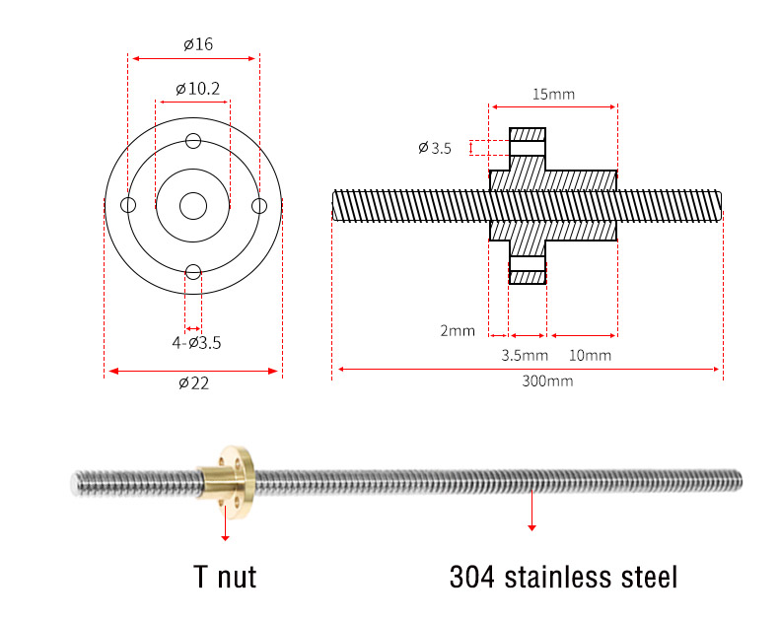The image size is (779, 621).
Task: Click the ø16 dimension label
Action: coord(198,44)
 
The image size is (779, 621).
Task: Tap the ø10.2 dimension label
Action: coord(197,89)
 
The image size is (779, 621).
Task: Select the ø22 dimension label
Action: coord(193,383)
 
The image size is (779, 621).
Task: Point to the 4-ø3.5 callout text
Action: coord(196,343)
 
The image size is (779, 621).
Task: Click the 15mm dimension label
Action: coord(553,94)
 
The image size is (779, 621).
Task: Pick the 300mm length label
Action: coord(547,381)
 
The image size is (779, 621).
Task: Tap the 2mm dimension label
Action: coord(458,330)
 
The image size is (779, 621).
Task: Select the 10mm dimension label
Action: coord(590,355)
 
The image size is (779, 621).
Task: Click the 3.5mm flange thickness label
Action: coord(525,355)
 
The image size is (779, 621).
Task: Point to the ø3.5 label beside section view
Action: coord(435,148)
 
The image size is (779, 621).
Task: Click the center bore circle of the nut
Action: coord(193,206)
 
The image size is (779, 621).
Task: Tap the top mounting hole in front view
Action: coord(193,141)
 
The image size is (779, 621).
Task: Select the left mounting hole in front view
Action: coord(128,205)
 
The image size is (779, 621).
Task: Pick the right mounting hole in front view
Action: coord(259,206)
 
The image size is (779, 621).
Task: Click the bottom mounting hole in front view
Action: coord(193,272)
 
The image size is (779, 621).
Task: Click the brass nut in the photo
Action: coord(229,481)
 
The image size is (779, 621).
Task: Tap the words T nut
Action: coord(225,577)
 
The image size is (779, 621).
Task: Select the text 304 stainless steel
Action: coord(563,577)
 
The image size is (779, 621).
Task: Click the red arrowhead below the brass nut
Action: coord(225,538)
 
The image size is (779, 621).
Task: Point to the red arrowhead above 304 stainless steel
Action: coord(531,527)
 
